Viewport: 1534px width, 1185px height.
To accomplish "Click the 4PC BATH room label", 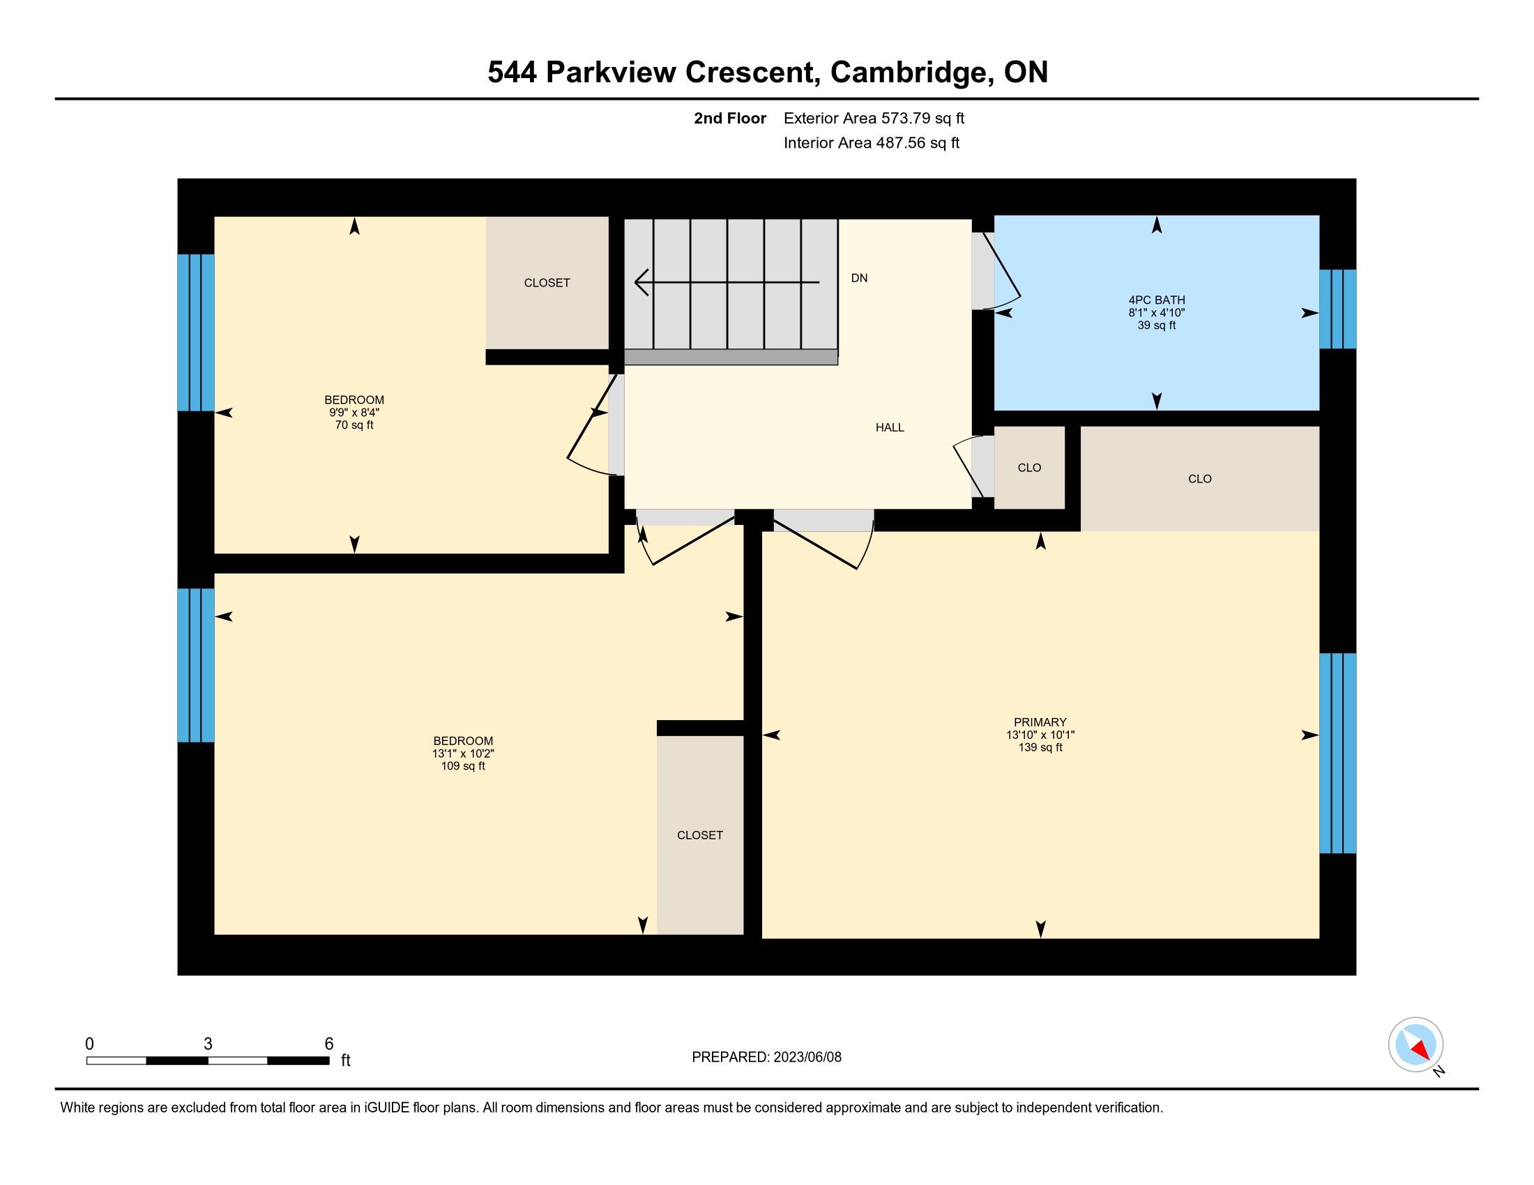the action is tap(1156, 300).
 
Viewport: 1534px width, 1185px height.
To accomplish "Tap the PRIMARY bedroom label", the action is tap(1040, 722).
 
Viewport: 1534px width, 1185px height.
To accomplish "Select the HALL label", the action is tap(890, 427).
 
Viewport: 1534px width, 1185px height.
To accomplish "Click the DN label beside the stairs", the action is tap(859, 278).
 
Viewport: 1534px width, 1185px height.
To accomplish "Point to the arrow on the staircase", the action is tap(727, 282).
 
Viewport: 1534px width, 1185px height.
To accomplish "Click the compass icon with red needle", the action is tap(1416, 1045).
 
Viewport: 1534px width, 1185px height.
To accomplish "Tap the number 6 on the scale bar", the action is tap(328, 1044).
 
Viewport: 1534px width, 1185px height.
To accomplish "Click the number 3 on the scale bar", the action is tap(208, 1044).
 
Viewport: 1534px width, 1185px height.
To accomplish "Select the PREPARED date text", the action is tap(766, 1057).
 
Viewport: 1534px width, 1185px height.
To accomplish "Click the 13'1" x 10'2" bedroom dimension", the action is tap(463, 754).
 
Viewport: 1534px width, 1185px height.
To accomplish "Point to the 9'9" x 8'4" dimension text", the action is tap(354, 413).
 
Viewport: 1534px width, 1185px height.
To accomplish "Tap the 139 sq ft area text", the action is tap(1040, 748).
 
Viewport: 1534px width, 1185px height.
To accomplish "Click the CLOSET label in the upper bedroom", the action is tap(547, 283).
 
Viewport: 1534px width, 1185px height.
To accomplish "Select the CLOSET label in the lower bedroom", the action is tap(700, 835).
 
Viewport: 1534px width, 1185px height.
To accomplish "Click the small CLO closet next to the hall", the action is tap(1030, 468).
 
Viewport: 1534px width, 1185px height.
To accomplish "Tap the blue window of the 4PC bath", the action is tap(1337, 309).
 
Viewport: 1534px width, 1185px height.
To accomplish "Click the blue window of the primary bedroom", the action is tap(1337, 754).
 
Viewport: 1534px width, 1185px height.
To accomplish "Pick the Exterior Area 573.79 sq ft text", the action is tap(874, 118).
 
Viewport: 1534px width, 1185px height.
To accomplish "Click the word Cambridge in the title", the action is tap(912, 72).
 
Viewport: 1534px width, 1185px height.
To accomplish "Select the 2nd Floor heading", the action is tap(730, 118).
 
